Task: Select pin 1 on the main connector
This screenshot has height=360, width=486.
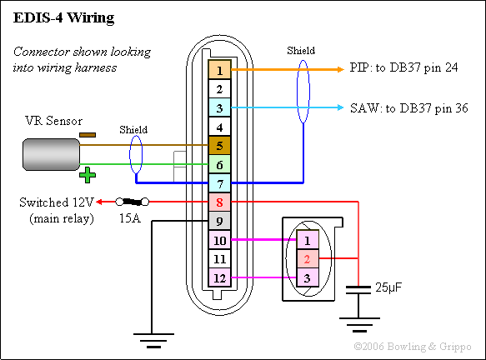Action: click(218, 70)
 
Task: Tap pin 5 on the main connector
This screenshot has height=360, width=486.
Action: click(218, 146)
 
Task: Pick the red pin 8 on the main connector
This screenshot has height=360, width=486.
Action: click(218, 202)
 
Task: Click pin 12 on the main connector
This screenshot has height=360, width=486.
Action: click(218, 277)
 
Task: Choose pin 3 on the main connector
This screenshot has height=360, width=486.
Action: click(218, 108)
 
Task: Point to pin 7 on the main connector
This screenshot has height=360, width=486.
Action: click(218, 182)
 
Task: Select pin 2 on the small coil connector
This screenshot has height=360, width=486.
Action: click(307, 259)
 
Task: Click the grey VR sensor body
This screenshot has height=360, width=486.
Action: click(49, 155)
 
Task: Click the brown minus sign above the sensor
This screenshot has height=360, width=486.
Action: click(87, 133)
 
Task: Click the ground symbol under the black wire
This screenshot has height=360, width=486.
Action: click(152, 337)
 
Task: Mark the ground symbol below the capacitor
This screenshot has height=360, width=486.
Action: click(358, 322)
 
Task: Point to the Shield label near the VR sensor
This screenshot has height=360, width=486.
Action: click(133, 129)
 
